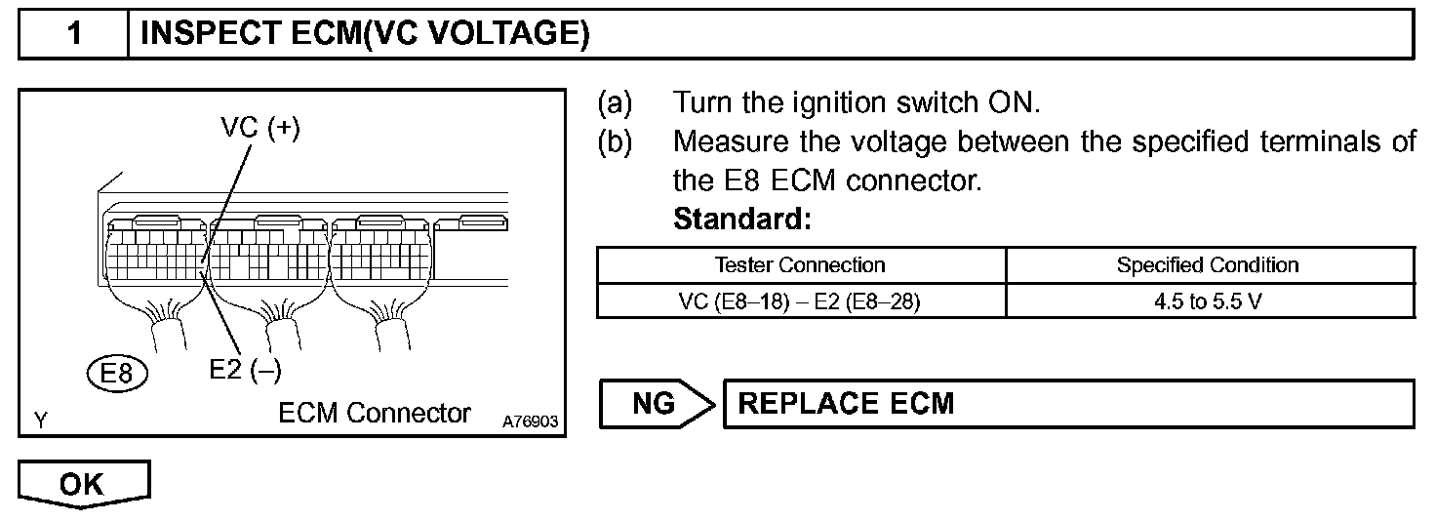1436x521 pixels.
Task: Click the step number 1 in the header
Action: [74, 34]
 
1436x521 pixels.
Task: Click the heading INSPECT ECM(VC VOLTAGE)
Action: [365, 34]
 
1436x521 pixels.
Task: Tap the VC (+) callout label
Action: [259, 130]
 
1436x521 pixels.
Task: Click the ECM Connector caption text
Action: [374, 413]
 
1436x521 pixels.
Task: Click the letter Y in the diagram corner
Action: [41, 421]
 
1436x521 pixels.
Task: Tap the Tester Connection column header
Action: [800, 264]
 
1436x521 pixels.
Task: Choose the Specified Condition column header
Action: [1208, 264]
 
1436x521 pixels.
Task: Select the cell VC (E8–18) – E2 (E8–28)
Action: [800, 301]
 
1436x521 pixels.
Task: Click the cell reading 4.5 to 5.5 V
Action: [1208, 301]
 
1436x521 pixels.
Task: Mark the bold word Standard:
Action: [742, 220]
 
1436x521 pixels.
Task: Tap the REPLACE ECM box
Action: [1066, 403]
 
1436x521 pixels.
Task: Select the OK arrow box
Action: [83, 485]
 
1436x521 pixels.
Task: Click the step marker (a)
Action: [615, 102]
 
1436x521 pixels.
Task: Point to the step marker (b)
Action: [615, 142]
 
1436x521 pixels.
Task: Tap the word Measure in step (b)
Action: [730, 142]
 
